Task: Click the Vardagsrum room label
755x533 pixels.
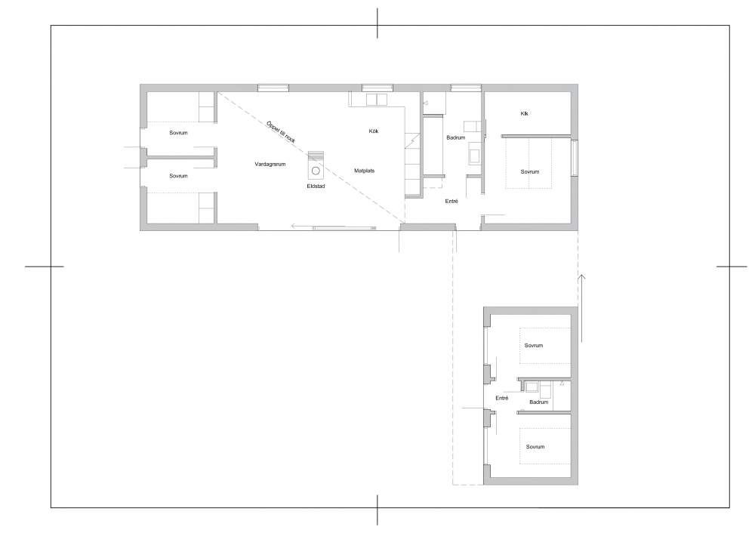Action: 270,164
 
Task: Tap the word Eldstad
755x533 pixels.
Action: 316,186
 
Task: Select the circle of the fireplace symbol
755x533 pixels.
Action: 316,171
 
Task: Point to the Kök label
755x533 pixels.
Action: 374,131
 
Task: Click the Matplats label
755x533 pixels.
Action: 364,171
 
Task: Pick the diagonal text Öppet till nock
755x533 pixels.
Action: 281,132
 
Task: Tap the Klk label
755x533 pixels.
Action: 525,114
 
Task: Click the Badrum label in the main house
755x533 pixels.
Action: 455,137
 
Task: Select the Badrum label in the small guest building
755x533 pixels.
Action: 539,402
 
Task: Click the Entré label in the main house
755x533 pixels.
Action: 451,202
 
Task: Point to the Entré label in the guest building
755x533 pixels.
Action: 502,398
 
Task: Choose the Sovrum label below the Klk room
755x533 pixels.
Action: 530,171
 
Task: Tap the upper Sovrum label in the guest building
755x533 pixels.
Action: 534,345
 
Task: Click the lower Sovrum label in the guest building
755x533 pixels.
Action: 535,447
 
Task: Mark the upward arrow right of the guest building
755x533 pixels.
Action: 581,308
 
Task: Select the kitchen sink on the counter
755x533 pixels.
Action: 377,100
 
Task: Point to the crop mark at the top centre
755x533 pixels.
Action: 377,23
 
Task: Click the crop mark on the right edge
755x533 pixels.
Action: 732,266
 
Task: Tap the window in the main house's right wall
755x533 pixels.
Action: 575,158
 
